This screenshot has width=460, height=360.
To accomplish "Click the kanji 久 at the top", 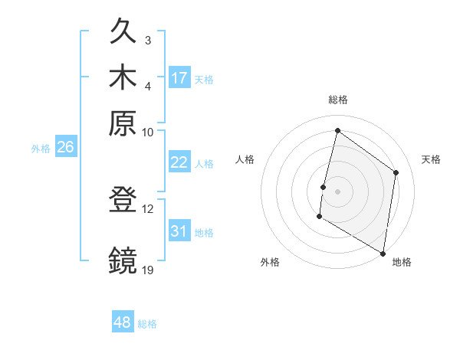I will click(x=123, y=33).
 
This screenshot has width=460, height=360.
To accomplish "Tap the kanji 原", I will click(x=123, y=123).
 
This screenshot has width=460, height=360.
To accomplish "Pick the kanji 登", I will click(x=123, y=201).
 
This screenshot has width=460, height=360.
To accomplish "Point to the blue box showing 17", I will click(x=179, y=78).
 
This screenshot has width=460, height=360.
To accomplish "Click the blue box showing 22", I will click(x=179, y=162).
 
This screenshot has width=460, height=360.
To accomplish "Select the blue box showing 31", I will click(x=179, y=231).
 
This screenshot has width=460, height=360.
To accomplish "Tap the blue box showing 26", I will click(x=65, y=148).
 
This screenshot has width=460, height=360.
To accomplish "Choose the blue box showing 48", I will click(x=122, y=323).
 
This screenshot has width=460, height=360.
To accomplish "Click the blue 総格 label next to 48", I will click(x=147, y=324).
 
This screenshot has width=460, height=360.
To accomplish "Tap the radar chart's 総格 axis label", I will click(x=337, y=100).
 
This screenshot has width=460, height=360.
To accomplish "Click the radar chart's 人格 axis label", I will click(x=245, y=159).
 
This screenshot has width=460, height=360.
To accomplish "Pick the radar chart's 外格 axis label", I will click(x=270, y=262).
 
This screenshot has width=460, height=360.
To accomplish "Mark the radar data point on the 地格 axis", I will click(x=383, y=253).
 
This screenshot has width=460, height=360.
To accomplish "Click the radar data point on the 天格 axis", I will click(x=396, y=172).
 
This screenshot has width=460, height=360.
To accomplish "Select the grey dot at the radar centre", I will click(x=337, y=191).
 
